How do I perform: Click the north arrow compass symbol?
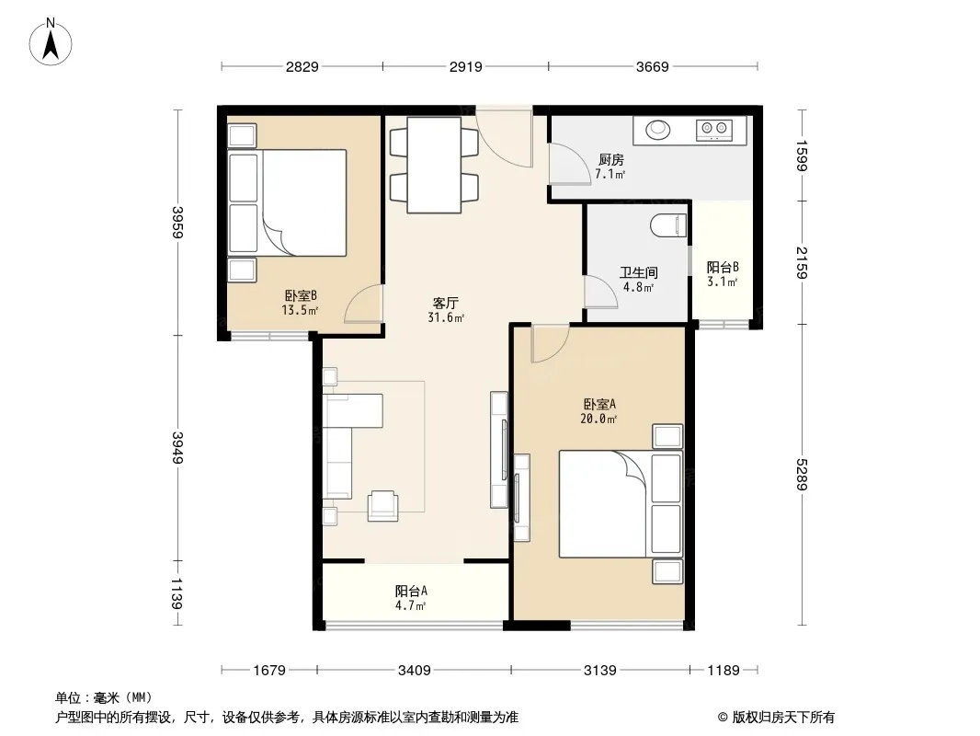click(x=51, y=42)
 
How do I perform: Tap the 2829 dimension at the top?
click(x=302, y=66)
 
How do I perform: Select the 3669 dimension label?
click(x=653, y=66)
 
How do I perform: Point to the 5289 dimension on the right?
click(x=802, y=475)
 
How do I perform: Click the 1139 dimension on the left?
click(x=177, y=592)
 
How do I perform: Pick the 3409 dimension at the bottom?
click(x=415, y=671)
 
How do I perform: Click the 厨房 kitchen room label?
click(x=610, y=160)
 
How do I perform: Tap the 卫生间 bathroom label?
click(x=638, y=272)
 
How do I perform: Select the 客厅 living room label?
click(x=445, y=304)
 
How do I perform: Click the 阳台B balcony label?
click(x=723, y=267)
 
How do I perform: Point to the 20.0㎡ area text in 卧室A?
click(x=598, y=419)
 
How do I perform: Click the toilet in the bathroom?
click(x=668, y=225)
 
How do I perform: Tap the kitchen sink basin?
click(x=657, y=130)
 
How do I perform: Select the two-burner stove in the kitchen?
click(x=714, y=130)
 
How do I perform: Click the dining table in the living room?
click(x=434, y=165)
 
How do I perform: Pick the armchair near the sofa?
click(x=383, y=506)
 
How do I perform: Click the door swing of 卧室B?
click(x=363, y=304)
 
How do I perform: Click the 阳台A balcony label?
click(x=411, y=591)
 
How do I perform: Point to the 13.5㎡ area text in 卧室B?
click(x=300, y=310)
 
